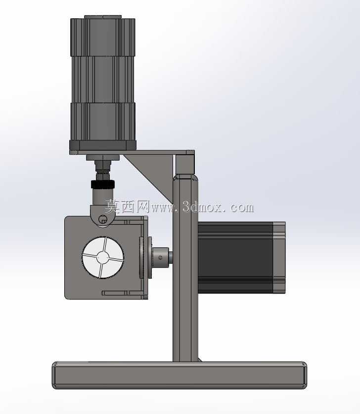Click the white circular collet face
click(x=103, y=257)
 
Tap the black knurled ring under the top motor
click(x=103, y=184)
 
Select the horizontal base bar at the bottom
click(x=180, y=375)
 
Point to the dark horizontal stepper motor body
click(x=235, y=257)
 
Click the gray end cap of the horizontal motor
click(x=279, y=257)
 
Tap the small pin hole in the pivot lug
click(x=103, y=219)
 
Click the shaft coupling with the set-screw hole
click(x=160, y=257)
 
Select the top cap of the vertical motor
click(x=103, y=17)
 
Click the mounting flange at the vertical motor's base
click(x=103, y=145)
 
